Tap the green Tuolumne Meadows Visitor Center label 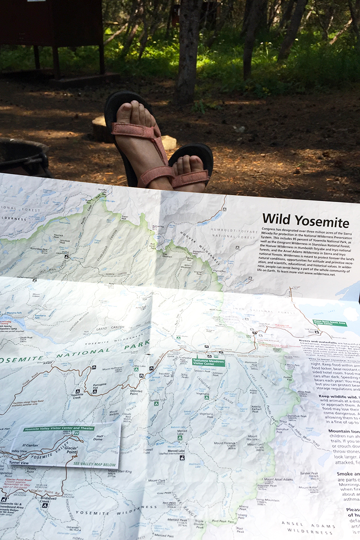(208, 362)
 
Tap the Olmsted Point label (136, 394)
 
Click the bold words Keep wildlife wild (338, 397)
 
